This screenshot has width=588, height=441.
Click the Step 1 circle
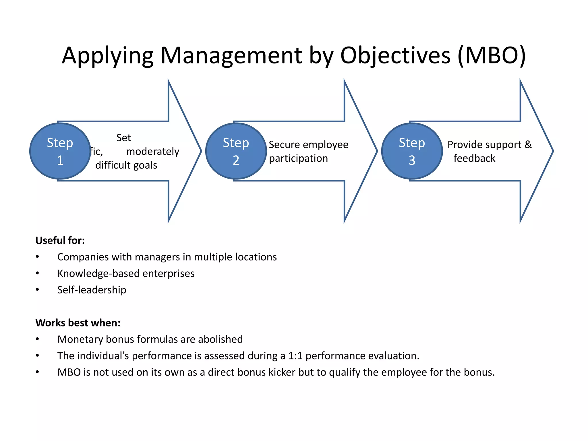point(60,151)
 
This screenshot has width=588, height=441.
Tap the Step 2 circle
point(236,151)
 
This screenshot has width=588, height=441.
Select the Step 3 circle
point(412,151)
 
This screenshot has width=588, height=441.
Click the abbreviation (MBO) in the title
point(492,55)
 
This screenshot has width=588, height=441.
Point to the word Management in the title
point(231,55)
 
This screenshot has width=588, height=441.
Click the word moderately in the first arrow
point(152,151)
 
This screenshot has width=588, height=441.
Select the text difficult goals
point(126,165)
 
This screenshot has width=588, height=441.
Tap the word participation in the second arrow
point(298,158)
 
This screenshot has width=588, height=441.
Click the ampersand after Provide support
point(528,144)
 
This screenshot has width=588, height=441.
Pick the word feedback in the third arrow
point(474,158)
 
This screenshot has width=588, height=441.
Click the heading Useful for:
point(60,240)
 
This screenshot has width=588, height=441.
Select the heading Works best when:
point(78,323)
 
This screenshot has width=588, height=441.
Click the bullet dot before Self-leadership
point(38,290)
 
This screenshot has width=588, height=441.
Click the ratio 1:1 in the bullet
point(295,356)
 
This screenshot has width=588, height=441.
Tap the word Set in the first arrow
point(123,138)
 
